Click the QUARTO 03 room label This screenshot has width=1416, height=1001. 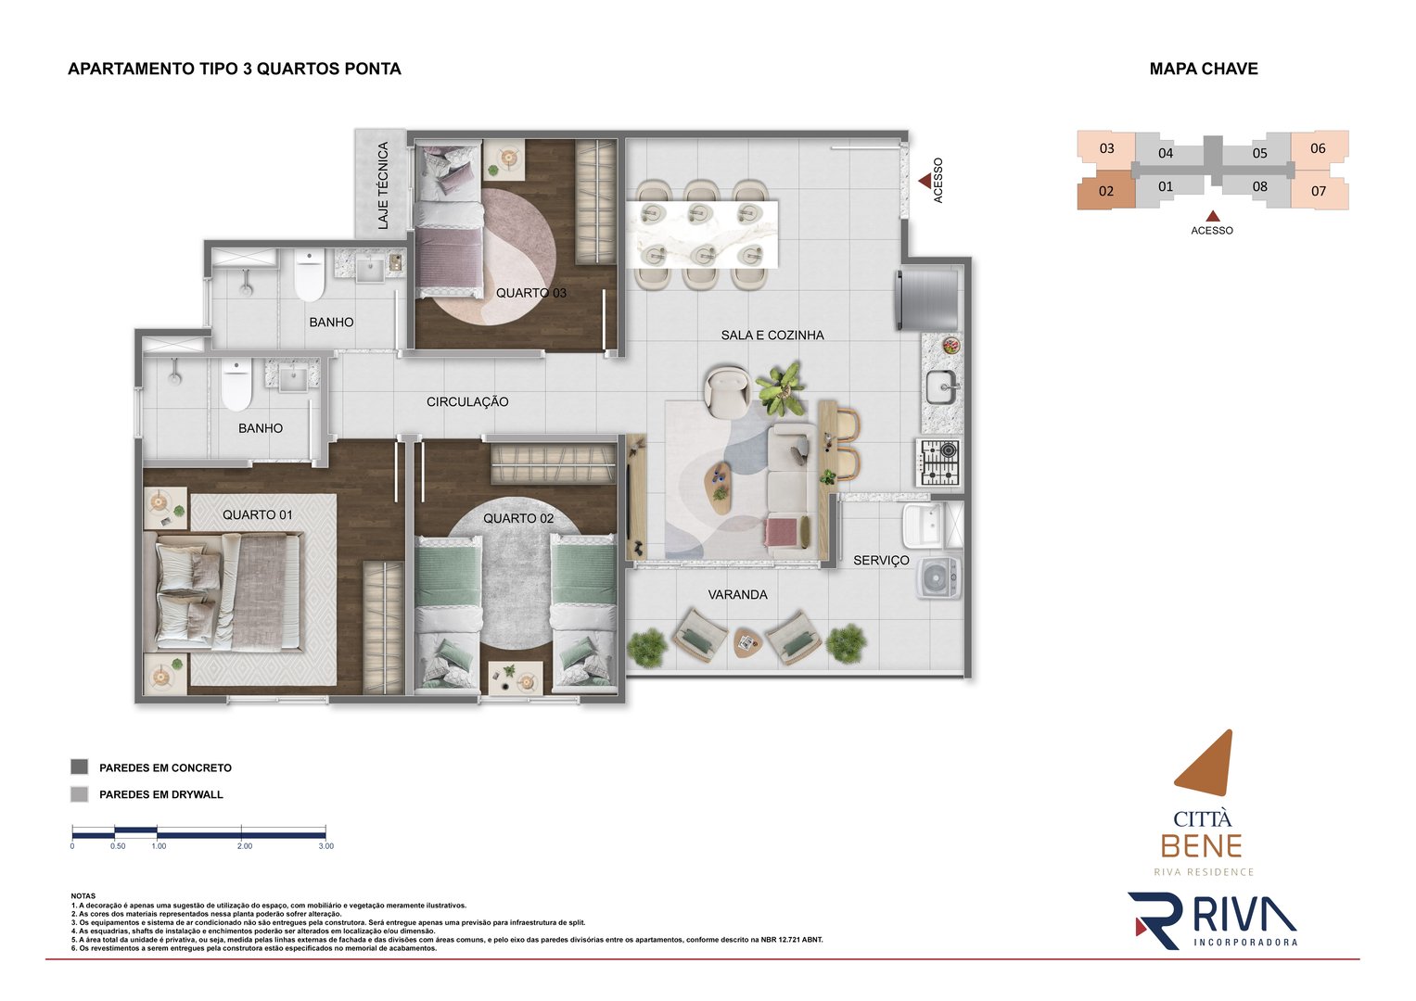tap(530, 293)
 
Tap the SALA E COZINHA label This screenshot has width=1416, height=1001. tap(772, 336)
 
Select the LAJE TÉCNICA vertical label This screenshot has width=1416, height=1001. tap(383, 185)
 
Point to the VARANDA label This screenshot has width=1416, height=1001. tap(737, 595)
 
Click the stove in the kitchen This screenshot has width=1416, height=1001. tap(938, 462)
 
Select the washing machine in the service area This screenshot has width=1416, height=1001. tap(938, 578)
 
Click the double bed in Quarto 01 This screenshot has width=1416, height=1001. tap(228, 593)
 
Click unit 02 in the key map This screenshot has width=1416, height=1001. tap(1105, 191)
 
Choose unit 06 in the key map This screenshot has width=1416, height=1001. tap(1318, 148)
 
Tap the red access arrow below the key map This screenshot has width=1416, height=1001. tap(1212, 216)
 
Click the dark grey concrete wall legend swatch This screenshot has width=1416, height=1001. tap(80, 767)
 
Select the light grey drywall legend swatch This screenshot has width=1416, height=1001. tap(80, 794)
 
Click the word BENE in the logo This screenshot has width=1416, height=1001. tap(1201, 846)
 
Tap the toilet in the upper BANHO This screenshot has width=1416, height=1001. tap(309, 275)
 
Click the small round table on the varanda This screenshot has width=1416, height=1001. tap(746, 641)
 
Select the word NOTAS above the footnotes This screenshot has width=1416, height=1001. tap(83, 896)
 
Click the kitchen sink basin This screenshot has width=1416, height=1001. tap(938, 387)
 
